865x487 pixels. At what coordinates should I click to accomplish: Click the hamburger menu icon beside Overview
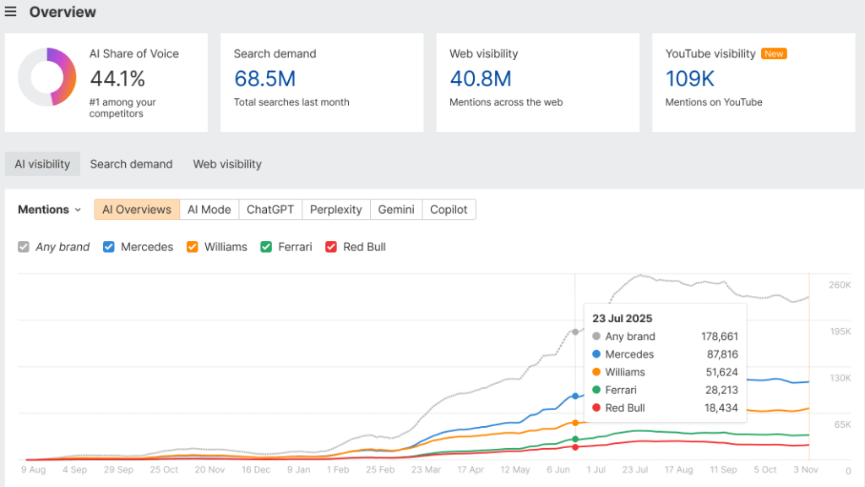(x=11, y=12)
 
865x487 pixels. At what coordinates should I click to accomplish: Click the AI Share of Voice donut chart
(x=47, y=77)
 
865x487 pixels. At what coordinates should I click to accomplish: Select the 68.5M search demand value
(x=264, y=79)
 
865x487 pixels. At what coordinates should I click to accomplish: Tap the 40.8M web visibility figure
(x=481, y=79)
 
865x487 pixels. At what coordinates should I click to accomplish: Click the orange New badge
(x=774, y=53)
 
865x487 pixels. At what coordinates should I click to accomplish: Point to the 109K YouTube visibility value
(x=690, y=79)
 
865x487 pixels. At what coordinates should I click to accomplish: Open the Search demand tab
(x=131, y=164)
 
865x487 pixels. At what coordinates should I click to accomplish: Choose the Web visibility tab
(x=227, y=164)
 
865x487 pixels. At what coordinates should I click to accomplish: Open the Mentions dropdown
(x=50, y=210)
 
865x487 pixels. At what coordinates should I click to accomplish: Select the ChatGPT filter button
(x=270, y=210)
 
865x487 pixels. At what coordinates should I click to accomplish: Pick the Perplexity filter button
(x=335, y=210)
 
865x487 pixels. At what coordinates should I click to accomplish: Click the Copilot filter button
(x=449, y=210)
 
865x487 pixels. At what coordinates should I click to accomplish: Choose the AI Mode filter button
(x=209, y=210)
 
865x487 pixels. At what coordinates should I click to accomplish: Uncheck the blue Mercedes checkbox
(x=109, y=247)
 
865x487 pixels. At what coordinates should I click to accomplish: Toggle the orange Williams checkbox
(x=192, y=247)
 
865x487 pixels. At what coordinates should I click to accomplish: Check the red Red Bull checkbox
(x=331, y=247)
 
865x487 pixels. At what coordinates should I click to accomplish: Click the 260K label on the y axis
(x=840, y=286)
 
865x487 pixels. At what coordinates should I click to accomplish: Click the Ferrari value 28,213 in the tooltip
(x=719, y=390)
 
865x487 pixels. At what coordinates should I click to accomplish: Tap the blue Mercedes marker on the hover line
(x=575, y=396)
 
